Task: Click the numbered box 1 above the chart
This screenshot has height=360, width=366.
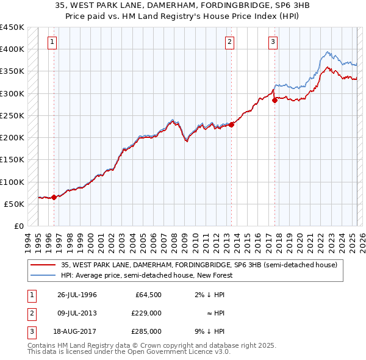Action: tap(53, 42)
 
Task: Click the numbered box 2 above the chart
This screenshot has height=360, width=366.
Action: tap(229, 42)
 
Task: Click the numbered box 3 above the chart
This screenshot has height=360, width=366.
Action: tap(272, 42)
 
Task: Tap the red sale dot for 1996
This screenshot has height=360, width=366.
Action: tap(54, 197)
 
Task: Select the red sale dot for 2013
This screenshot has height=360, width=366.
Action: tap(231, 124)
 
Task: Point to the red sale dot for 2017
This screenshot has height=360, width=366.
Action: tap(274, 100)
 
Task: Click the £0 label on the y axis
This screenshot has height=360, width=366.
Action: tap(18, 226)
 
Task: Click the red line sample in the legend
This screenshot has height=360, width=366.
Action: tap(43, 265)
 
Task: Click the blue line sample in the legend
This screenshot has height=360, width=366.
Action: tap(43, 275)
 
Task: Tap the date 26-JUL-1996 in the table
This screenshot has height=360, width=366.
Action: tap(77, 295)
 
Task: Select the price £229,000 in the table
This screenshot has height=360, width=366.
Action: tap(146, 313)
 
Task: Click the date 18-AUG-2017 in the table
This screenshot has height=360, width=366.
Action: tap(77, 331)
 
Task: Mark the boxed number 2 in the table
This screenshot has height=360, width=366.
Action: tap(30, 313)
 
